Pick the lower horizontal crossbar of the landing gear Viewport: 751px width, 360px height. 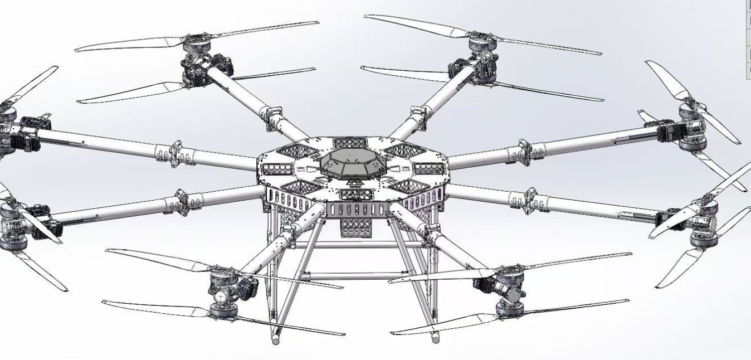[351, 275]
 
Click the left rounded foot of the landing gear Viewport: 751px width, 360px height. [276, 338]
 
